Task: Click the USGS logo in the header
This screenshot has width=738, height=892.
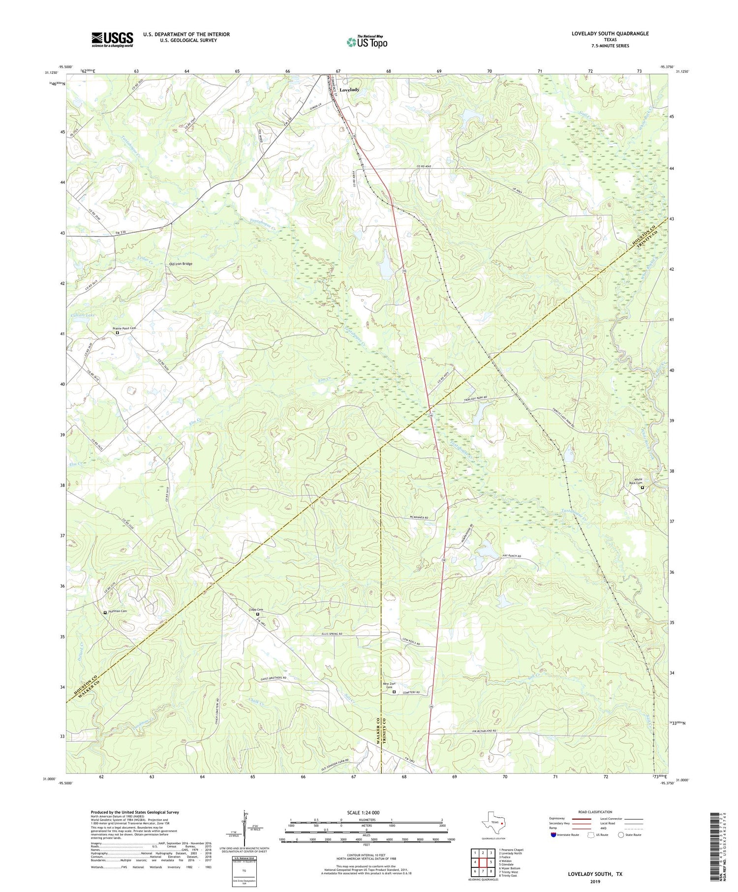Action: pyautogui.click(x=112, y=39)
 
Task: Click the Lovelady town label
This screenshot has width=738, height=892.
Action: pyautogui.click(x=349, y=90)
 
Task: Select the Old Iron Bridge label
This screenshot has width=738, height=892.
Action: pyautogui.click(x=181, y=264)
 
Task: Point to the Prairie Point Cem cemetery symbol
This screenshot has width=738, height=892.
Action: pyautogui.click(x=117, y=333)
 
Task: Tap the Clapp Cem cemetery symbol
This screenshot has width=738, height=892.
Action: pyautogui.click(x=257, y=615)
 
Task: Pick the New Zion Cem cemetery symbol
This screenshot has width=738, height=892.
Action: pyautogui.click(x=394, y=692)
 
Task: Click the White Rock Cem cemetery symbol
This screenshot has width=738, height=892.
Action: pyautogui.click(x=642, y=488)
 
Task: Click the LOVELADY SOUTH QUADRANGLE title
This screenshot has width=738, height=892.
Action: pyautogui.click(x=610, y=33)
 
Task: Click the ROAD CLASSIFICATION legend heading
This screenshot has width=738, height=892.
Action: pyautogui.click(x=595, y=812)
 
